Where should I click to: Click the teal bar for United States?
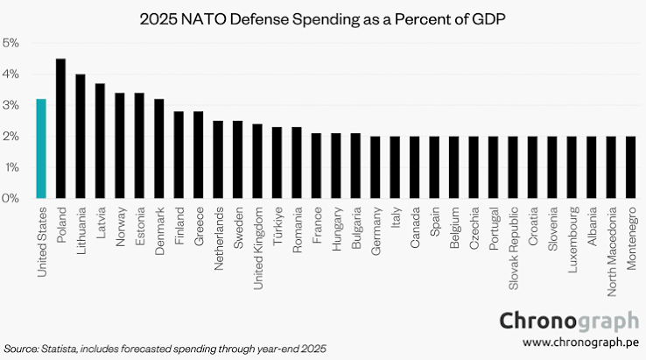click(x=41, y=148)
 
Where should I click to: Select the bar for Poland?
click(x=60, y=128)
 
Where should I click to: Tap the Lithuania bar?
click(x=81, y=136)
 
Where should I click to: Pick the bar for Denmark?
click(x=159, y=148)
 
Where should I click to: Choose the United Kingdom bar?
click(x=257, y=161)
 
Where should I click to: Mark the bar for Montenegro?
click(x=631, y=167)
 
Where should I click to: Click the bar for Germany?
click(x=375, y=167)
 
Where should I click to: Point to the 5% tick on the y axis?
click(x=11, y=43)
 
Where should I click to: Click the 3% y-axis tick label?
click(x=11, y=105)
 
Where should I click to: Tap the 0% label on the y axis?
click(x=11, y=198)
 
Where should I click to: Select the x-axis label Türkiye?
click(x=277, y=226)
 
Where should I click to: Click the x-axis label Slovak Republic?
click(x=513, y=248)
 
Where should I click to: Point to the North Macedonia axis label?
click(x=611, y=251)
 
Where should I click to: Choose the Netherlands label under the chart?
click(x=218, y=238)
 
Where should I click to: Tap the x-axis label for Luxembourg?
click(x=572, y=240)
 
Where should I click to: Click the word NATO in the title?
click(x=204, y=19)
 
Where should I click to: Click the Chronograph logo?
click(x=569, y=321)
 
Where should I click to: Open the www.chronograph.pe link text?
click(x=580, y=342)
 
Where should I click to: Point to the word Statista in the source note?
click(x=59, y=349)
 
